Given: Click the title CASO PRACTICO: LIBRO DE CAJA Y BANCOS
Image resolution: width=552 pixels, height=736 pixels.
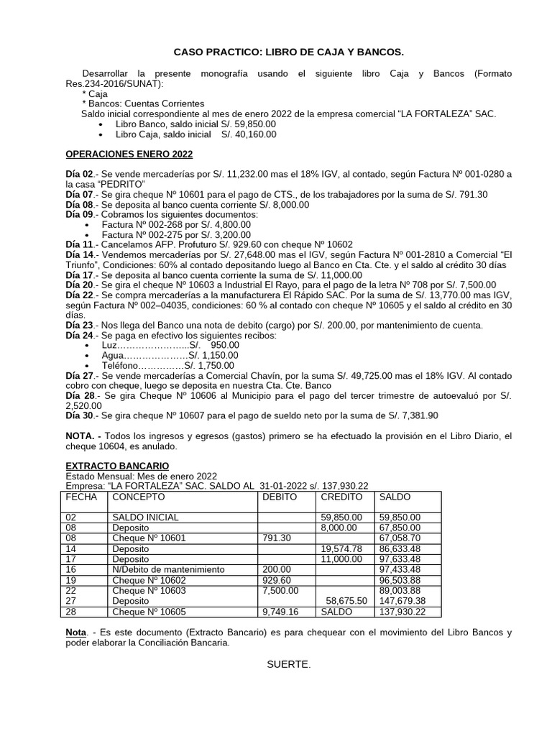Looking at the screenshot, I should [x=289, y=52].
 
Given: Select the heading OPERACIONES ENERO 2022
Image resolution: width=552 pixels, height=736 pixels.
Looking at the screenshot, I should [x=129, y=154].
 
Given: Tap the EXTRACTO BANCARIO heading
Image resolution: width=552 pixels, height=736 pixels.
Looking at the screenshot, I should [x=118, y=466].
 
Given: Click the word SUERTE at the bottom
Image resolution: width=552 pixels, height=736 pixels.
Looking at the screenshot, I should [x=289, y=663].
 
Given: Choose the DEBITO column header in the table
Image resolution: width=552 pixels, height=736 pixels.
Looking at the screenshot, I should [x=280, y=497].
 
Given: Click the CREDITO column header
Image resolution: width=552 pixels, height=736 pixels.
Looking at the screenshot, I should [x=342, y=497].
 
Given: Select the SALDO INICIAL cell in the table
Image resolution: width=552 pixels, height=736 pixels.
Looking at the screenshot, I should [x=146, y=517].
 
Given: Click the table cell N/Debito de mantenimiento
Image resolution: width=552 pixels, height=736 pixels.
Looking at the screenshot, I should [x=168, y=569].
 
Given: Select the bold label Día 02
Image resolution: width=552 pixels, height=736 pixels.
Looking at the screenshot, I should [x=80, y=174].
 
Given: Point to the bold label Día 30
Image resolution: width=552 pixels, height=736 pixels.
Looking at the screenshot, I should [x=80, y=415].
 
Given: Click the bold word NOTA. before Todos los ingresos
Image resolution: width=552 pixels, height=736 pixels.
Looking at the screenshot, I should [x=83, y=436].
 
